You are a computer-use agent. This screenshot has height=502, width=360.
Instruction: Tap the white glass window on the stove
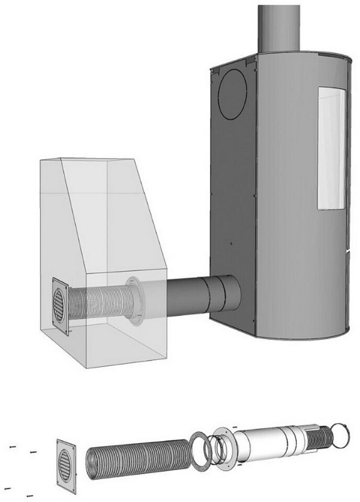tap(331, 149)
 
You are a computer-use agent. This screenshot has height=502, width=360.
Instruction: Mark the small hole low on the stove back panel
tap(231, 244)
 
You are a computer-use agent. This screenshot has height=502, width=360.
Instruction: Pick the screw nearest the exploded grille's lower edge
tap(30, 494)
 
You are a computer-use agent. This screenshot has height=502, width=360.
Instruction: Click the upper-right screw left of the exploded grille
tap(33, 452)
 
